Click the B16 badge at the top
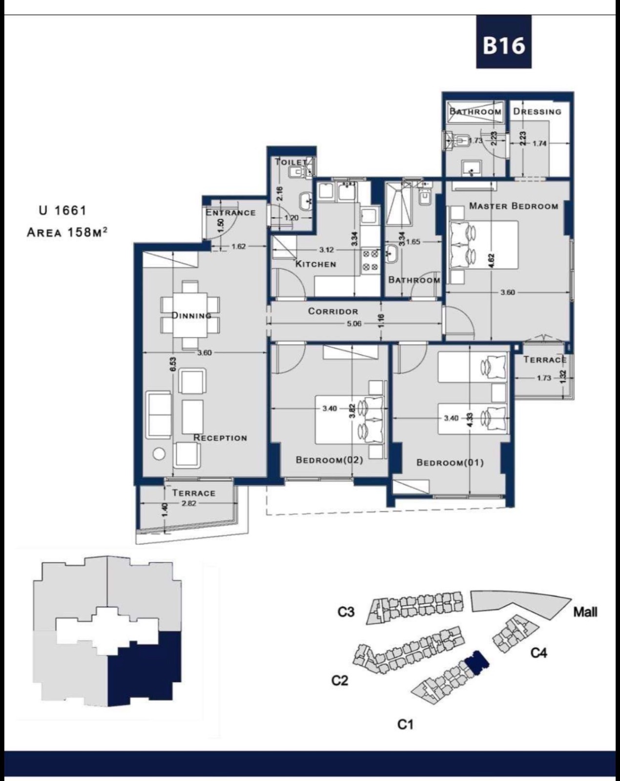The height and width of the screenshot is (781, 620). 504,42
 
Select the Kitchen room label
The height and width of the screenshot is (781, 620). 315,264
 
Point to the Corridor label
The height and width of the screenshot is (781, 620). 333,311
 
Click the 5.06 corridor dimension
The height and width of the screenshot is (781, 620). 354,323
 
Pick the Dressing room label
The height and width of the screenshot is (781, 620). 537,111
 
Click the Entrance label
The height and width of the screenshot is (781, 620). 231,213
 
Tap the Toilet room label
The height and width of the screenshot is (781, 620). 290,162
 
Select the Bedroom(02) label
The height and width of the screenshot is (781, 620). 330,460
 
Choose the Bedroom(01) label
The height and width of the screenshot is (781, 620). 450,463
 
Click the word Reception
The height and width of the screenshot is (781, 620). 220,438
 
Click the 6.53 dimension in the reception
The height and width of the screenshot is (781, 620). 174,364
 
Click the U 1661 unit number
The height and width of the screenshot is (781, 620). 62,210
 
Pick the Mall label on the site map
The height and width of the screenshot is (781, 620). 585,612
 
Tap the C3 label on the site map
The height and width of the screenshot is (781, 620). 346,612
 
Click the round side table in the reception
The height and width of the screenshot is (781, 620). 159,453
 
